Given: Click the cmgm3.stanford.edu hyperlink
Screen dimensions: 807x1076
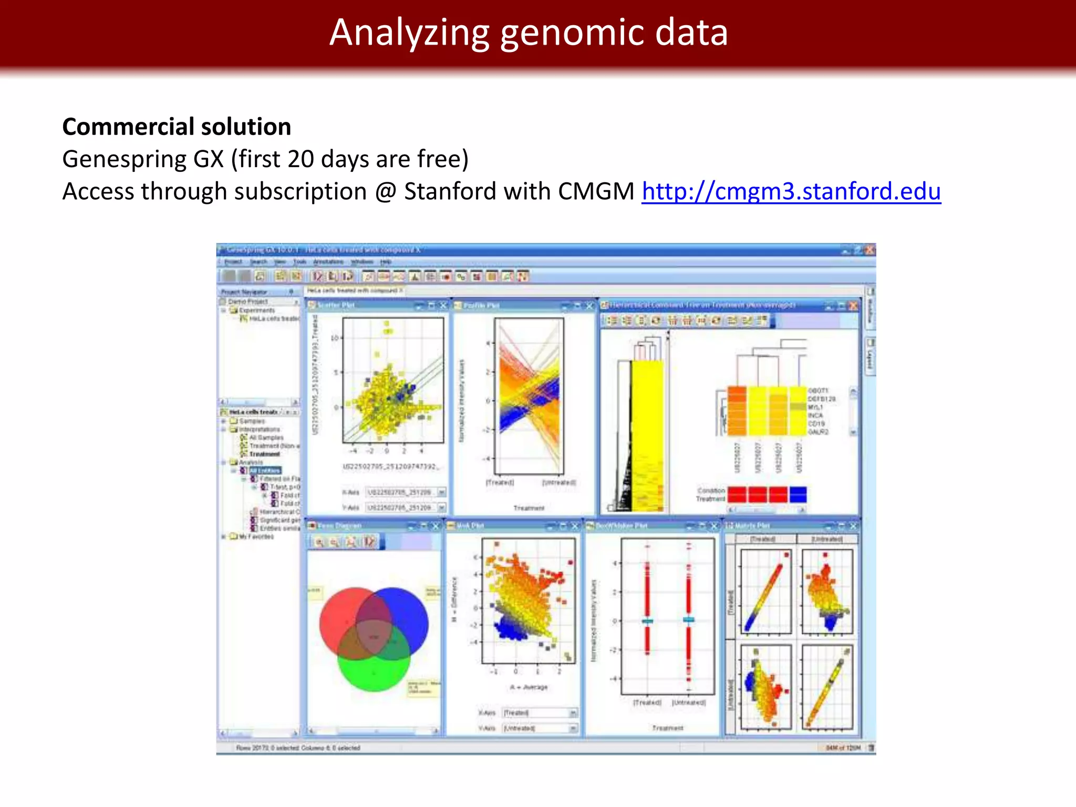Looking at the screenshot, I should pos(791,191).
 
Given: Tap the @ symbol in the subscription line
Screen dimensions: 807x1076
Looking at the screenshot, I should pos(385,191).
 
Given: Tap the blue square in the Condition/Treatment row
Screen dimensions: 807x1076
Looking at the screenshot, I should pos(798,494).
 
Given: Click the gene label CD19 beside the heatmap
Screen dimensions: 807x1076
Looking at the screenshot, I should pos(816,423).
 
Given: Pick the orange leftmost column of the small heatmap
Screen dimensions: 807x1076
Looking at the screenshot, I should pos(737,411).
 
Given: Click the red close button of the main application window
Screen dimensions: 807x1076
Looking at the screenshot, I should pos(870,250).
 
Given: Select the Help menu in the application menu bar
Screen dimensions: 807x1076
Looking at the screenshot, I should pos(386,262).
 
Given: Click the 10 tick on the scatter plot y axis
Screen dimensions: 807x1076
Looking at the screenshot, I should pos(335,338).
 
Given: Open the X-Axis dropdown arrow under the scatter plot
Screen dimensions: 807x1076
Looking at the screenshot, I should pos(441,492).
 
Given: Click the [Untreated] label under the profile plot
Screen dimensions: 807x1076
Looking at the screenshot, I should pos(559,482).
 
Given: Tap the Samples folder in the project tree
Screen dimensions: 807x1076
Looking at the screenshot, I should pos(252,421).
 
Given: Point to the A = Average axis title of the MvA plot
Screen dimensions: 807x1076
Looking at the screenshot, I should pos(528,687).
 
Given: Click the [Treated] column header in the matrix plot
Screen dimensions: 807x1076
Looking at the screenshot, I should pos(762,539).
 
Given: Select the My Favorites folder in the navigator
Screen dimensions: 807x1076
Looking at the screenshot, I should pos(256,536).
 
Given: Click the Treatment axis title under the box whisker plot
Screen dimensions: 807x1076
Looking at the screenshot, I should pos(667,728).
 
